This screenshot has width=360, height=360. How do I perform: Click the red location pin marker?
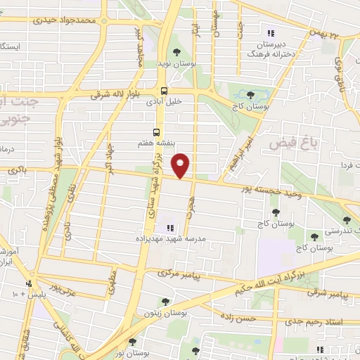[181, 165]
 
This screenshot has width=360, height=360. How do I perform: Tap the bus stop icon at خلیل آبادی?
[164, 91]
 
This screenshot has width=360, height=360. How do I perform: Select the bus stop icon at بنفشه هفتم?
[156, 131]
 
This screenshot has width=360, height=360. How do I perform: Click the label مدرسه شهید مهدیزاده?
[172, 239]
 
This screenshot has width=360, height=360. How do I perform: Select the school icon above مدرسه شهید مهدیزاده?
[169, 227]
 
